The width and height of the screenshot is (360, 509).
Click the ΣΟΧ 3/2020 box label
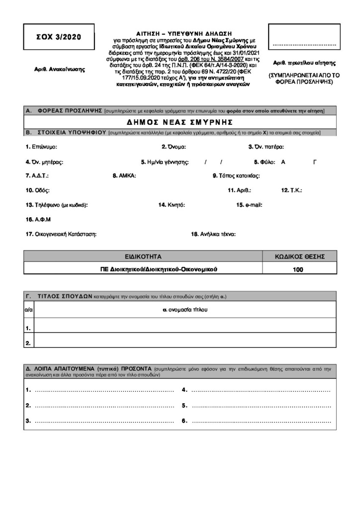click(58, 37)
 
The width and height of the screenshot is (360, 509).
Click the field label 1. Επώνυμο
click(41, 147)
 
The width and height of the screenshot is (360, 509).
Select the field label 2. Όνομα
click(174, 147)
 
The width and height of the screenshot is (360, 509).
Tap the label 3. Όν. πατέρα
click(266, 147)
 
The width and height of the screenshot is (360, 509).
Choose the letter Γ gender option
click(315, 162)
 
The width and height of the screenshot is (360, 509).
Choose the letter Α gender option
click(283, 162)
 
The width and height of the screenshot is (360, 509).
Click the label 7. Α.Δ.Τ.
click(37, 175)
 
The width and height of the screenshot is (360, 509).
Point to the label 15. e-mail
click(249, 205)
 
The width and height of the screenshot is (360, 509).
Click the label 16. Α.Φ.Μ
click(38, 219)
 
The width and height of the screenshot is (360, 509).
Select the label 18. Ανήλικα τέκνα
click(213, 234)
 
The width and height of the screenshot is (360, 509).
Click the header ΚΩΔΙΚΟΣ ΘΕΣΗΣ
click(300, 256)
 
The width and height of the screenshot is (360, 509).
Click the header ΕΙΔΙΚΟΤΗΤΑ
click(143, 256)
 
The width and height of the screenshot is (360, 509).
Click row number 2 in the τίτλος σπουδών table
click(28, 342)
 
